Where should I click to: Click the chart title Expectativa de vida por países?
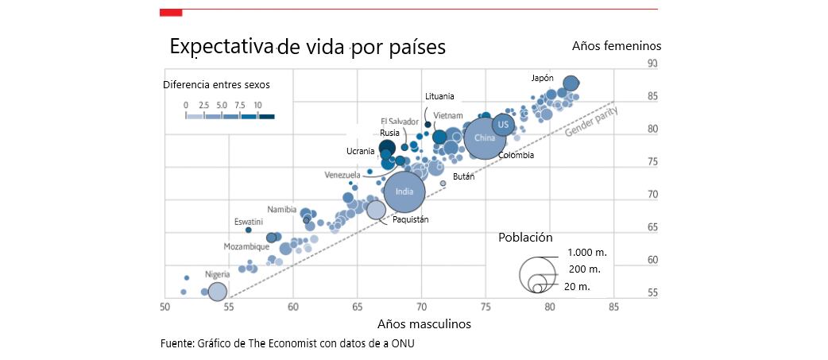pyautogui.click(x=308, y=47)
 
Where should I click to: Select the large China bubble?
pyautogui.click(x=484, y=137)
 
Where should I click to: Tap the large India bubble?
pyautogui.click(x=404, y=192)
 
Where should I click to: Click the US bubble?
pyautogui.click(x=503, y=125)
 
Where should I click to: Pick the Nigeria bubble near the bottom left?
pyautogui.click(x=218, y=292)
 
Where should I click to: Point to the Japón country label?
pyautogui.click(x=542, y=78)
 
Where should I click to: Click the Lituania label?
pyautogui.click(x=439, y=96)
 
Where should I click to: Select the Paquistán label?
pyautogui.click(x=411, y=219)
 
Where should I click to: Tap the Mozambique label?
pyautogui.click(x=246, y=246)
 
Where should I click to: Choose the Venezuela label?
pyautogui.click(x=343, y=175)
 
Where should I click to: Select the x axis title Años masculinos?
pyautogui.click(x=424, y=324)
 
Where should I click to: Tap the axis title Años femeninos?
pyautogui.click(x=616, y=46)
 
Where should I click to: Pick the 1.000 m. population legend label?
pyautogui.click(x=587, y=253)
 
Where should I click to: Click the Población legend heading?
pyautogui.click(x=524, y=237)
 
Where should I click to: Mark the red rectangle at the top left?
pyautogui.click(x=171, y=12)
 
